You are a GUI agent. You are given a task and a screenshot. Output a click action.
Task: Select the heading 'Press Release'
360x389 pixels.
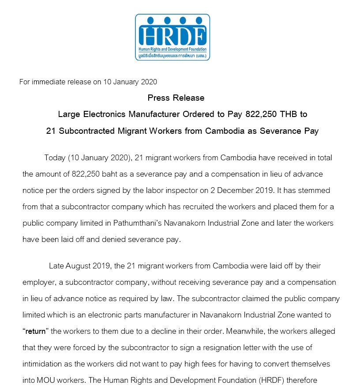tap(176, 98)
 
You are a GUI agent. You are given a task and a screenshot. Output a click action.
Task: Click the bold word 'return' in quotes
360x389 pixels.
tap(35, 331)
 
